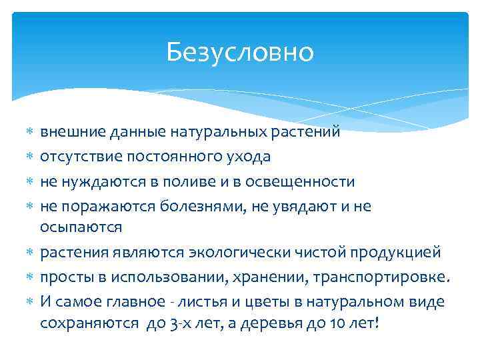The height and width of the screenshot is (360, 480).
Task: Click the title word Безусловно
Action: pyautogui.click(x=240, y=51)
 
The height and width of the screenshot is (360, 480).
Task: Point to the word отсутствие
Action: pyautogui.click(x=79, y=157)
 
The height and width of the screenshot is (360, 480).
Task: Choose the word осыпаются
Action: pyautogui.click(x=81, y=227)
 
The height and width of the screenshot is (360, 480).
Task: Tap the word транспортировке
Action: pyautogui.click(x=382, y=277)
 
